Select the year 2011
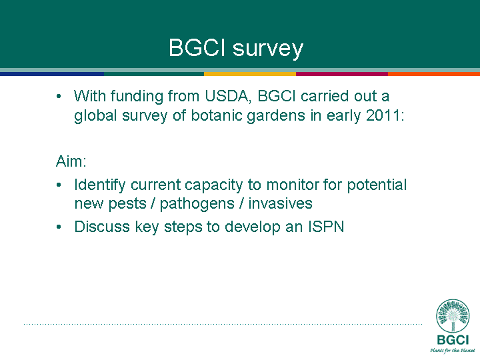click(385, 115)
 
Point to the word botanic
click(217, 115)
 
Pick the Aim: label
click(71, 161)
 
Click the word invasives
click(280, 203)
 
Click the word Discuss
click(102, 227)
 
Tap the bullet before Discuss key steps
click(59, 227)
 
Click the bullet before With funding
click(59, 97)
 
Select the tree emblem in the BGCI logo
click(453, 315)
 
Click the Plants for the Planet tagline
click(453, 351)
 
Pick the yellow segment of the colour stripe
click(250, 74)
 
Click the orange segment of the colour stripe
click(434, 74)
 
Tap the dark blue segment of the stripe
click(52, 74)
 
